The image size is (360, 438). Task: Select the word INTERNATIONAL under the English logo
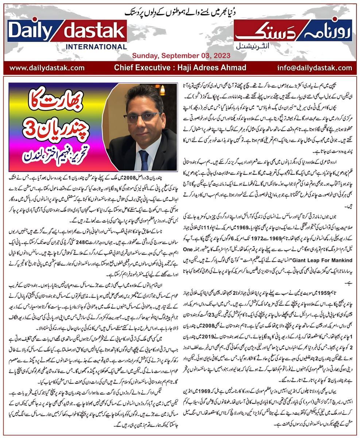[x=91, y=46]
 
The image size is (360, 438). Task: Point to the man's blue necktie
[x=144, y=159]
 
